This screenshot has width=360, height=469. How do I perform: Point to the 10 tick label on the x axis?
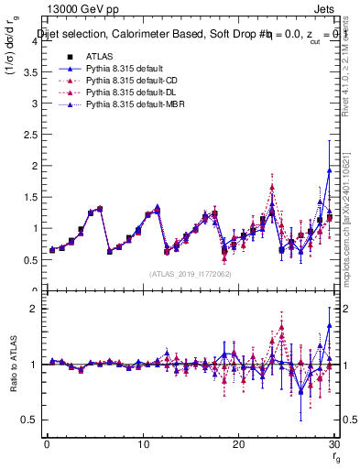[142, 445]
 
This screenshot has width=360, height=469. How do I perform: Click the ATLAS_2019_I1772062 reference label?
[189, 274]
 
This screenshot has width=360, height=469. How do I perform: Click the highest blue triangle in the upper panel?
[329, 171]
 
